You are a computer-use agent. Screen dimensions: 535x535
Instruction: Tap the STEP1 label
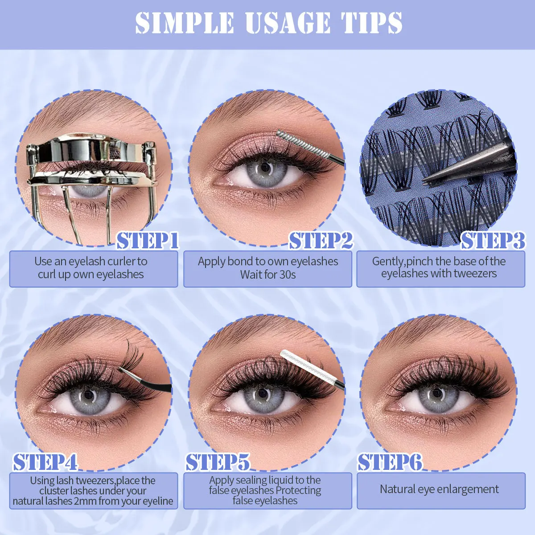point(148,241)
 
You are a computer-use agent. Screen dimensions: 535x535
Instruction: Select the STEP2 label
point(321,241)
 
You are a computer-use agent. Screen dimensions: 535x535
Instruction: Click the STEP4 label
point(45,462)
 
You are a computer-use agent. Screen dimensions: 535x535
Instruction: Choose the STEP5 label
point(218,462)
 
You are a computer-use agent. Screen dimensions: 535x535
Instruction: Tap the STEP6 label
point(390,462)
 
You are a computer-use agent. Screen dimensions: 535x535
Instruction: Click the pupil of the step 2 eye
point(265,168)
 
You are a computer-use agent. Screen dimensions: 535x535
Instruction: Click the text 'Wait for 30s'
point(268,275)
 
